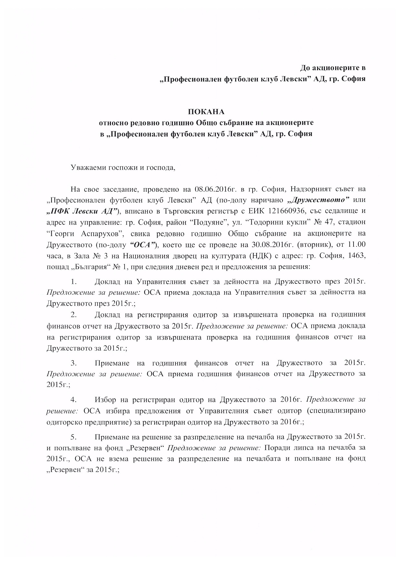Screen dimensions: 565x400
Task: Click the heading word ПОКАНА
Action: coord(206,112)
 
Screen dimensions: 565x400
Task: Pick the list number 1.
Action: coord(74,282)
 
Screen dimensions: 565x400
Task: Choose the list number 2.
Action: coord(74,315)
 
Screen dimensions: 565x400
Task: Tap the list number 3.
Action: coord(74,363)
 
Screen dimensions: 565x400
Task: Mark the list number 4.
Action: coord(74,400)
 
